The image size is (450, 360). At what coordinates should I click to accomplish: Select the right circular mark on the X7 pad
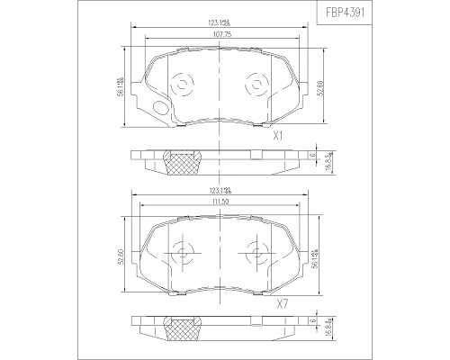click(x=258, y=254)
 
